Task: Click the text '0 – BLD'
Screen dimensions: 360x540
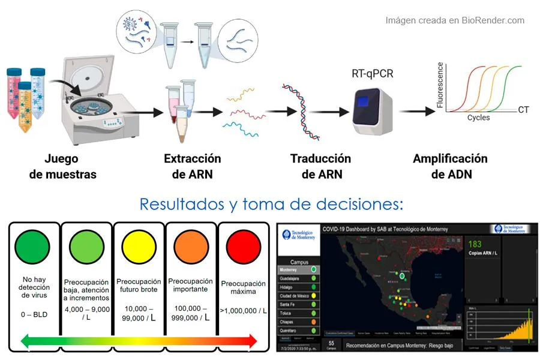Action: (x=34, y=314)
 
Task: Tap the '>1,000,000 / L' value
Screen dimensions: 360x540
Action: (x=243, y=310)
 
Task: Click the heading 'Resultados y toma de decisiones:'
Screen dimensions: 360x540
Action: (x=271, y=204)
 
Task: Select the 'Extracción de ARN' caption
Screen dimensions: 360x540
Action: (x=192, y=166)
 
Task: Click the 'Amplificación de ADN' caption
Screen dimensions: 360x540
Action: (x=450, y=166)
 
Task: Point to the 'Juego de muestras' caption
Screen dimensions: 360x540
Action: (x=62, y=166)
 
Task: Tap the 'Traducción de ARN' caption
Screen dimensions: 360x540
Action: (x=320, y=166)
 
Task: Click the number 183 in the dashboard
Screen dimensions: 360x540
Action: (x=475, y=244)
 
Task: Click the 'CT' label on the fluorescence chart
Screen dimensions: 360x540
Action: (x=523, y=110)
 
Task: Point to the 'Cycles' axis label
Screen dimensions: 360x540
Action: (x=478, y=118)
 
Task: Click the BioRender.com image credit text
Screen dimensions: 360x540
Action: (x=454, y=20)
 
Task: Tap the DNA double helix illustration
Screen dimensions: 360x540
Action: (x=298, y=108)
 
